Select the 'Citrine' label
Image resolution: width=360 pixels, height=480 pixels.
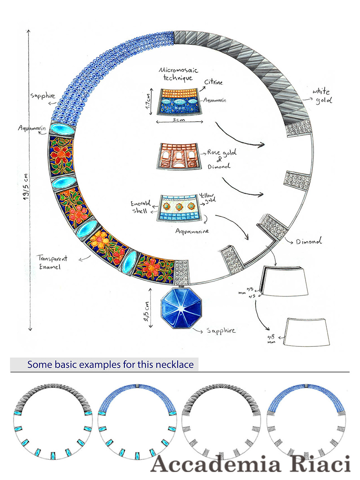(x=214, y=83)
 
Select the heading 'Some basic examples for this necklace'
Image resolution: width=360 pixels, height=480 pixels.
(x=110, y=365)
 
